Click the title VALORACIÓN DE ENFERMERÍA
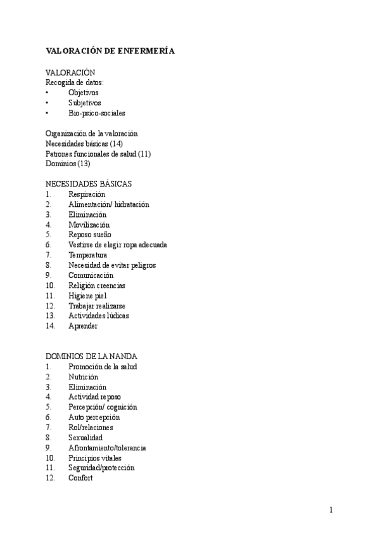tap(110, 51)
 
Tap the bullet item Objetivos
tap(83, 93)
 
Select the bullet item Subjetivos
tap(84, 103)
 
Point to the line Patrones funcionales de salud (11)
tap(98, 154)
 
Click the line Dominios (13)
tap(68, 164)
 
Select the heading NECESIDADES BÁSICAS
tap(89, 184)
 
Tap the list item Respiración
tap(87, 194)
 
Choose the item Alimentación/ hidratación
tap(108, 204)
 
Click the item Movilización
tap(89, 225)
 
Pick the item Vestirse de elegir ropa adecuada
tap(118, 245)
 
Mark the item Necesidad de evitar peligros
tap(112, 265)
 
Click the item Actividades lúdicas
tap(98, 315)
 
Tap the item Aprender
tap(83, 325)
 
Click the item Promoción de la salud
tap(103, 367)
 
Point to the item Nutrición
tap(83, 377)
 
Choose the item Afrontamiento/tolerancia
tap(107, 448)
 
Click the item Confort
tap(80, 478)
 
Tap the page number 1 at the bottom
tap(331, 510)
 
